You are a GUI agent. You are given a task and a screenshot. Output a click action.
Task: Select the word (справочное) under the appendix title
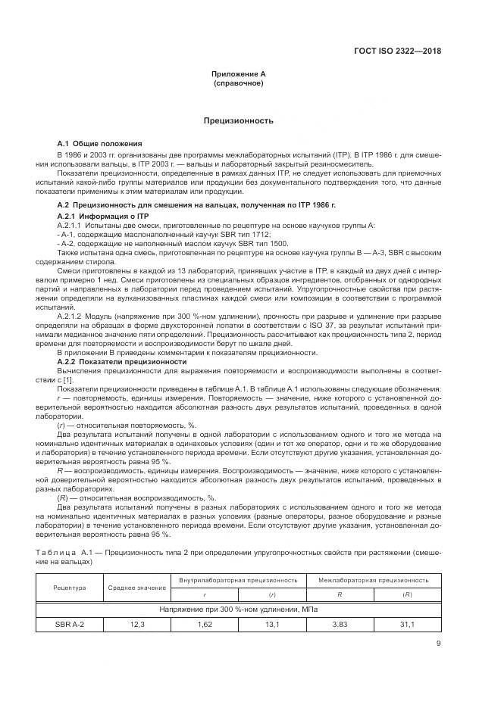coord(238,83)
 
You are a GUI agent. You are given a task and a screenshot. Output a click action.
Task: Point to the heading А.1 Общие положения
coord(100,144)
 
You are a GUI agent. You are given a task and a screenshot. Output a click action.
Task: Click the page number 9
coord(439,644)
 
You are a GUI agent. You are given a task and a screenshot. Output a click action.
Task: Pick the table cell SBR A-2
coord(70,624)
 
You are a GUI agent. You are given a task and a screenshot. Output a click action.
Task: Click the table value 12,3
coord(138,624)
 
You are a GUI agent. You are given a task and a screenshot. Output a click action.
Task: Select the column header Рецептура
coord(70,587)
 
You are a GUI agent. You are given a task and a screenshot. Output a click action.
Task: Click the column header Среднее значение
coord(138,587)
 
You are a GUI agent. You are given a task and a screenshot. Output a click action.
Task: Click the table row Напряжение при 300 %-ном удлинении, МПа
coord(240,609)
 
